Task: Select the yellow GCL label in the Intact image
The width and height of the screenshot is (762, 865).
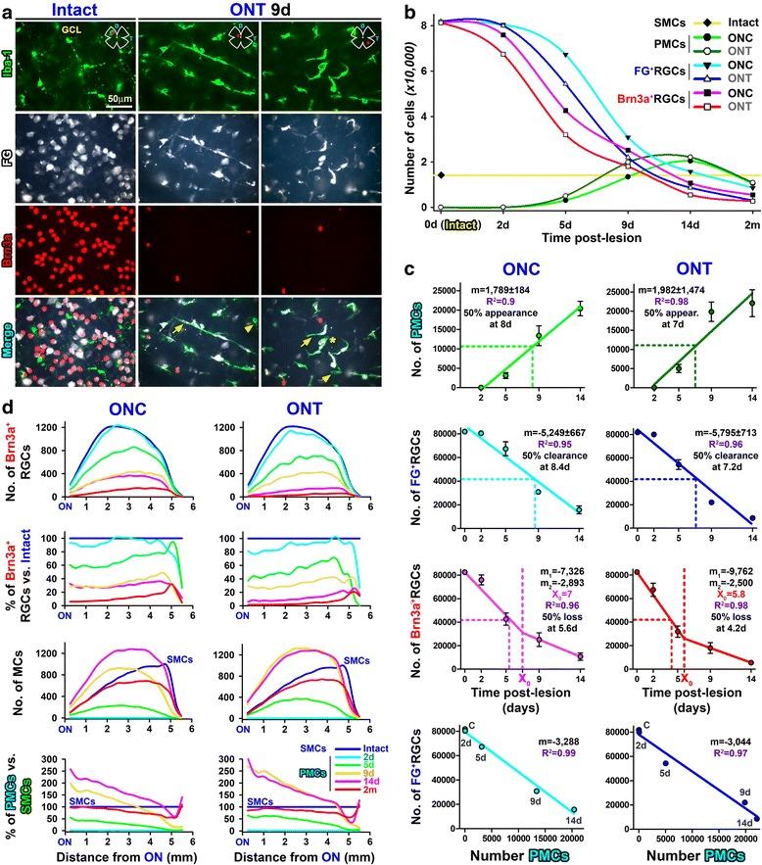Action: [71, 31]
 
